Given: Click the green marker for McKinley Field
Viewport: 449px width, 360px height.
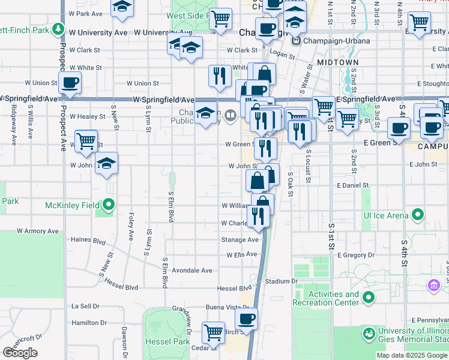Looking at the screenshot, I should pos(108,205).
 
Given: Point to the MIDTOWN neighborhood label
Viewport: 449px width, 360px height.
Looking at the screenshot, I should pos(337,62).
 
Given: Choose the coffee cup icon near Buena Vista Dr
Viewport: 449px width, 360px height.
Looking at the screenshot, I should pos(246,318).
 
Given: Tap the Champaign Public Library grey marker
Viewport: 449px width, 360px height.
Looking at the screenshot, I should pos(231,114).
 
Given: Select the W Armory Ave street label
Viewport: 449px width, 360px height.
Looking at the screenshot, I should pos(38,230).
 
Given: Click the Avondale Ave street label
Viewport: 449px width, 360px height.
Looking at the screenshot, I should pos(192,271).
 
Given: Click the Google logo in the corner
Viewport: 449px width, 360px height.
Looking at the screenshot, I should pos(20,353).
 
